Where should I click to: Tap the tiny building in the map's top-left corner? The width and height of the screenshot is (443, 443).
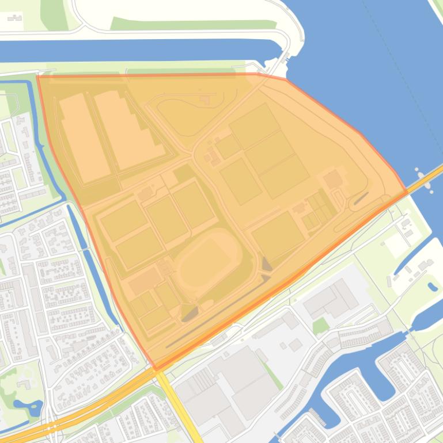tap(15, 18)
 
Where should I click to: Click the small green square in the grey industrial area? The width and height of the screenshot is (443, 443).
tap(320, 326)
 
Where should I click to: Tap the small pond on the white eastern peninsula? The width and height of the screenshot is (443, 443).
tap(433, 286)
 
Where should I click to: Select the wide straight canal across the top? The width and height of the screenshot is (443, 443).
tap(144, 51)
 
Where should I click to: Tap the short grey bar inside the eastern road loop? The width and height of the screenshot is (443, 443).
tap(361, 198)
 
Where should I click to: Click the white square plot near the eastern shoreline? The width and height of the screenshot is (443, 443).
tap(397, 244)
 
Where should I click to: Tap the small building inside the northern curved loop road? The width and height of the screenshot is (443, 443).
tap(205, 99)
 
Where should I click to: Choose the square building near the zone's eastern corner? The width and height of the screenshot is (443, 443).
tap(333, 179)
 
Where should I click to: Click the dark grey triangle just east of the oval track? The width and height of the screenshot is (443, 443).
tap(267, 265)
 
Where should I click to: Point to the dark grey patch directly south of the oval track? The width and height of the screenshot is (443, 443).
tap(190, 313)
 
